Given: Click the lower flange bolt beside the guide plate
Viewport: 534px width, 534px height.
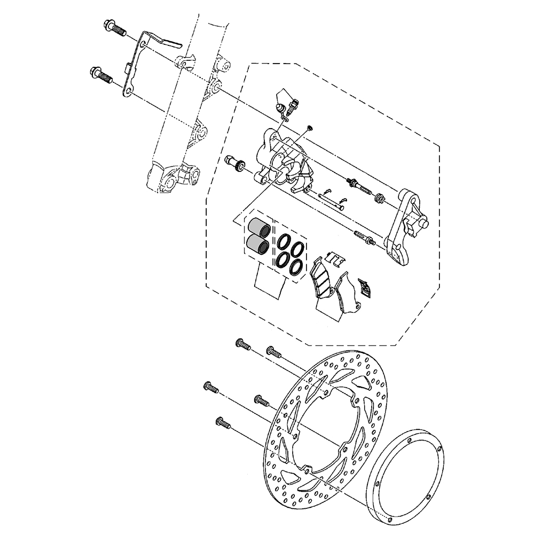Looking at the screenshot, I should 101,75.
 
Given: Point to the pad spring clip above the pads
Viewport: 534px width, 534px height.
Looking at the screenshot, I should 334,259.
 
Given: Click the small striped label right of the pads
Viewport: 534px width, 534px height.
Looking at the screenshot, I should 365,287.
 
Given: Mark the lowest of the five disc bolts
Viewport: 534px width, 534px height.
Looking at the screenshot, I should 223,423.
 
